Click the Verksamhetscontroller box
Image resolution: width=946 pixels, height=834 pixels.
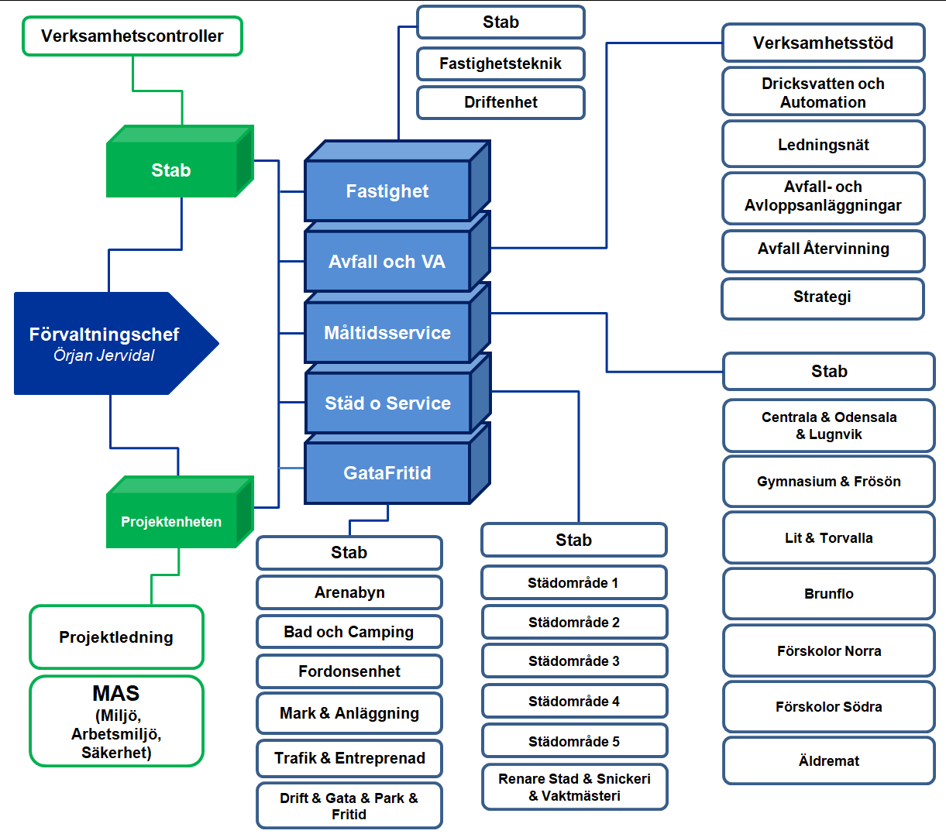coord(132,36)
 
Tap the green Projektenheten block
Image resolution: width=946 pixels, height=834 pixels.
coord(181,512)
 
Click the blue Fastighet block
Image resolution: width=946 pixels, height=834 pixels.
coord(397,180)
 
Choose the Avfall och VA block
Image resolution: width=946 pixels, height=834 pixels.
coord(397,252)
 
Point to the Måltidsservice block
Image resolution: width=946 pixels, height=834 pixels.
coord(397,323)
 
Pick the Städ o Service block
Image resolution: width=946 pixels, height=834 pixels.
coord(397,393)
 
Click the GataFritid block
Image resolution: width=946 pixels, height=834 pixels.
coord(397,463)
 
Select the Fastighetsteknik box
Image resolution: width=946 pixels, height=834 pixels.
coord(501,63)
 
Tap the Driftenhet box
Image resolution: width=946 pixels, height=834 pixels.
coord(501,102)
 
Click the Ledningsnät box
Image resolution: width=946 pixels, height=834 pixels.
coord(823,144)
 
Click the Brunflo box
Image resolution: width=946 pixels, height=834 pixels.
coord(829,594)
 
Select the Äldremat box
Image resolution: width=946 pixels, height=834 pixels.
coord(829,760)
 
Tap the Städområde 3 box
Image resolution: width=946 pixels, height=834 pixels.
coord(574,661)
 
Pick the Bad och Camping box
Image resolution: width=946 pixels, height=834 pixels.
coord(349,631)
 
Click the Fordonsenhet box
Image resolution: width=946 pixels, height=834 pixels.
coord(349,671)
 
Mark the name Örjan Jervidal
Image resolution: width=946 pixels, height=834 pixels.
coord(104,355)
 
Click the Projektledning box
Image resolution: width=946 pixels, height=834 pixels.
coord(116,637)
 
